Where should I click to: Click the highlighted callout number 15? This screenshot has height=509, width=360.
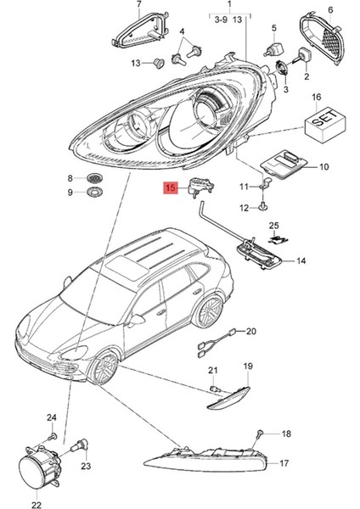[x=170, y=188]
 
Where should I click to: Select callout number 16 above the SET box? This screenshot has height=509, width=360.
[x=317, y=97]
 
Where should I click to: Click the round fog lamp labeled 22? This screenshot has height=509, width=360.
[x=36, y=469]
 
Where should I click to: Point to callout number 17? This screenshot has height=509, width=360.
[x=284, y=462]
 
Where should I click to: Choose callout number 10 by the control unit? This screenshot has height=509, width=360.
[x=323, y=167]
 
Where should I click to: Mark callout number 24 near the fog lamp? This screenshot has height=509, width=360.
[x=51, y=417]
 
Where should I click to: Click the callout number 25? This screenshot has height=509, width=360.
[x=273, y=225]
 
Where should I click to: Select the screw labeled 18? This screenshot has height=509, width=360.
[x=256, y=436]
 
